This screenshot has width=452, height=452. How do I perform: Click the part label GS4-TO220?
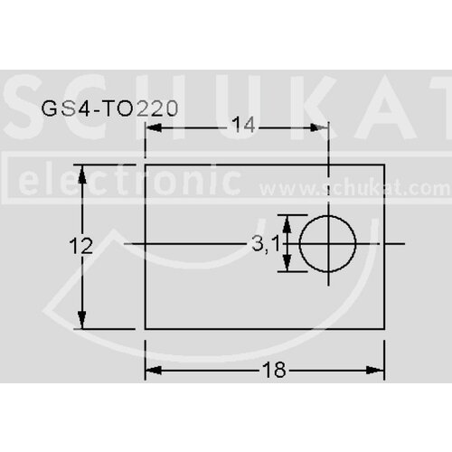[109, 108]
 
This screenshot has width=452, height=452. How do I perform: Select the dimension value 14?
[243, 126]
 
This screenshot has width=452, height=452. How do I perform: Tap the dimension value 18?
[274, 370]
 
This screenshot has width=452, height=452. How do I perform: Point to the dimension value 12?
[81, 246]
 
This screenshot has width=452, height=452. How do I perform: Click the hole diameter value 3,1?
[266, 243]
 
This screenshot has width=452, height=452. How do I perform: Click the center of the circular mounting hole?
[328, 243]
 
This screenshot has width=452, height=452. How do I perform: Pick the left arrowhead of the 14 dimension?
[154, 127]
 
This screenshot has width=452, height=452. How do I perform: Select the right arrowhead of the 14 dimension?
[320, 127]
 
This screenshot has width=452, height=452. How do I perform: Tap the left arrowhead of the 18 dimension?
[154, 371]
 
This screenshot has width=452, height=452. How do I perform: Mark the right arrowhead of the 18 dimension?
[375, 371]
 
